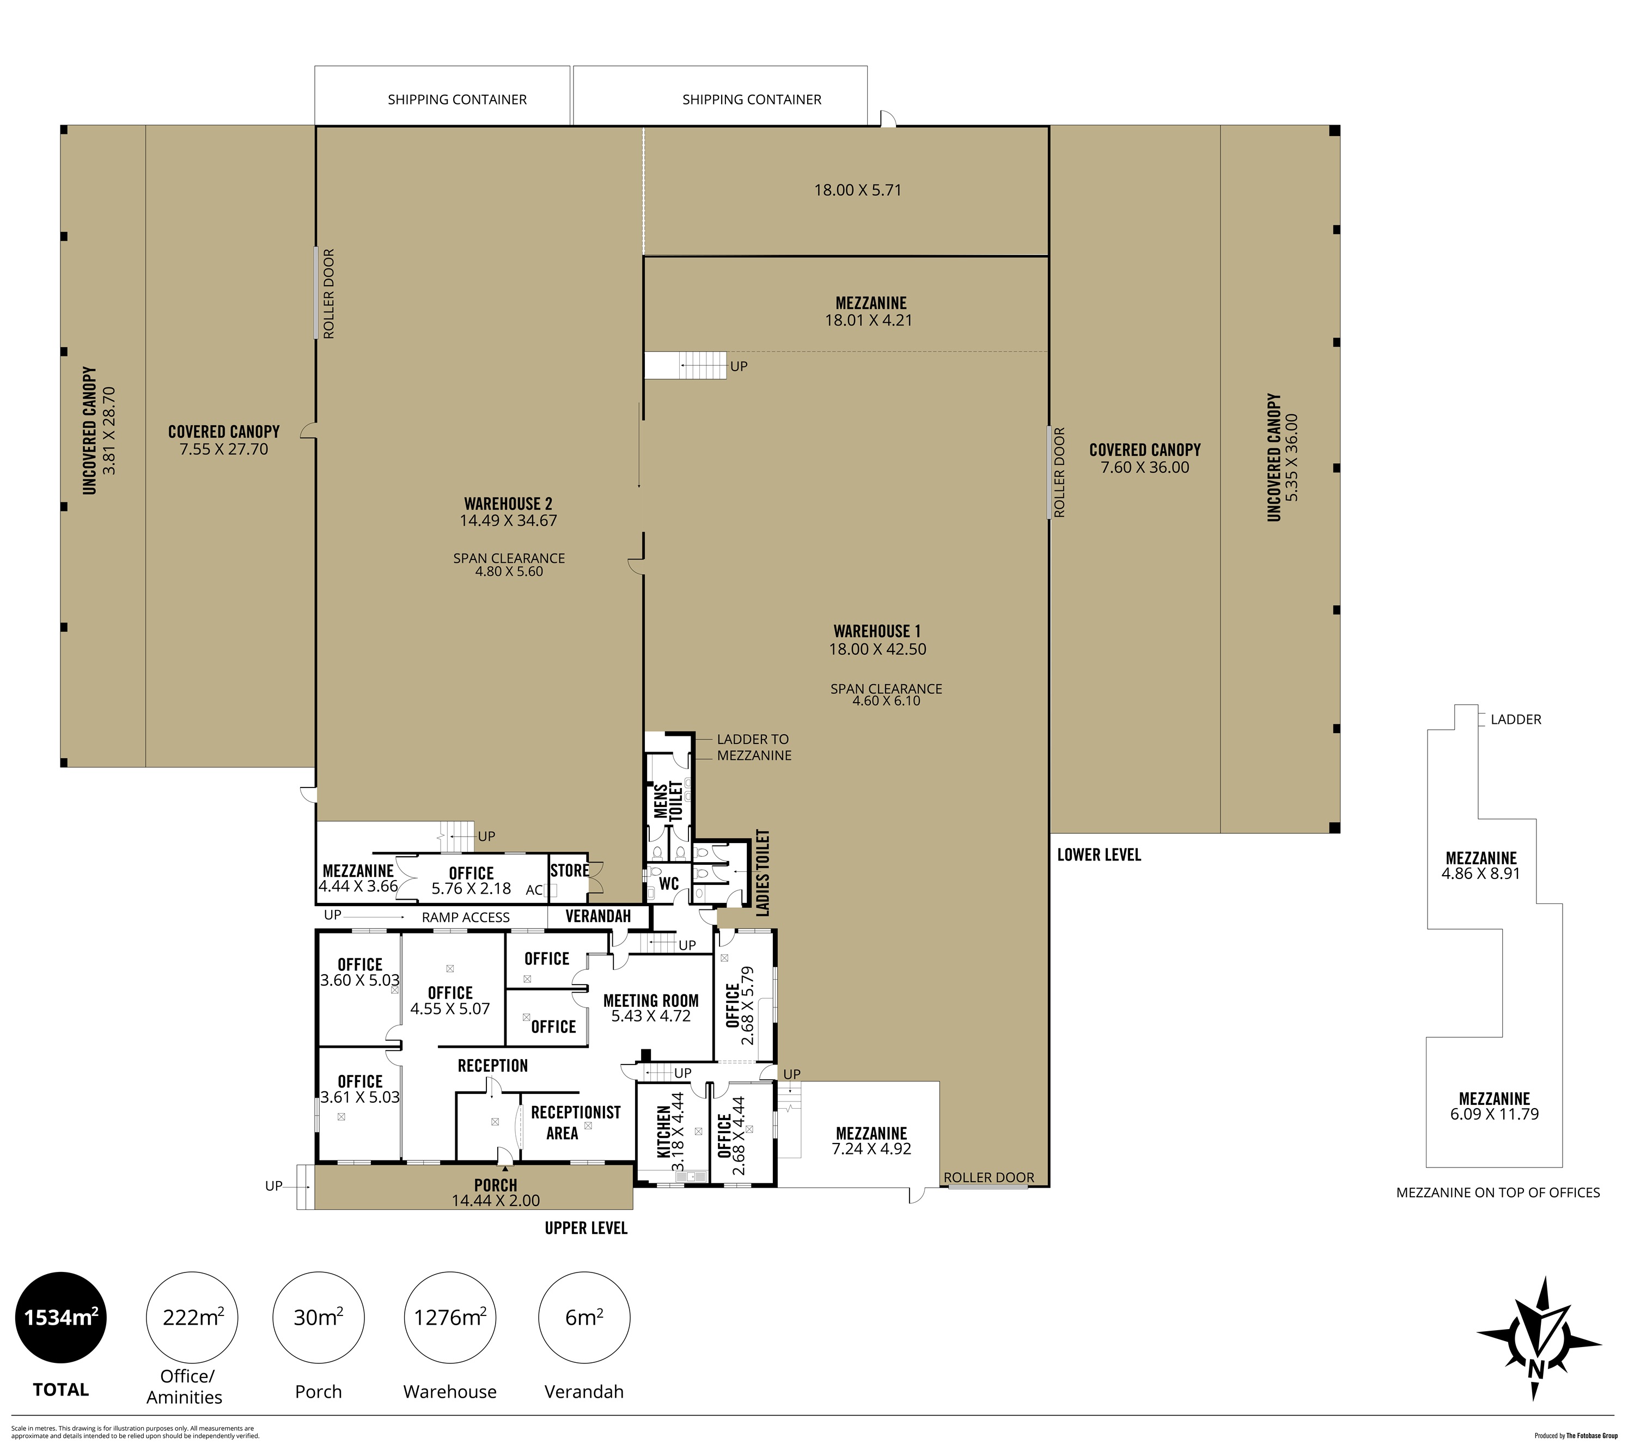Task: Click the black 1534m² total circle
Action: click(61, 1317)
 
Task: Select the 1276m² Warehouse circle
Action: click(450, 1317)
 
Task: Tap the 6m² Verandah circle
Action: click(584, 1317)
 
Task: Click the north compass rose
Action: click(1538, 1350)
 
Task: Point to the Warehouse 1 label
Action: click(877, 631)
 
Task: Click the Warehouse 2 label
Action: click(508, 503)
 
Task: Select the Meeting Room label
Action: click(651, 1000)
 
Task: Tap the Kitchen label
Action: click(663, 1132)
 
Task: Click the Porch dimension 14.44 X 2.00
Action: click(496, 1200)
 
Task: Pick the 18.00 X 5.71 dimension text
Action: click(858, 190)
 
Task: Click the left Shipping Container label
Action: click(458, 100)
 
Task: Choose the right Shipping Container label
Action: click(752, 100)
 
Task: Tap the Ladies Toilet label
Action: click(763, 872)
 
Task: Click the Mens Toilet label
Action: click(668, 801)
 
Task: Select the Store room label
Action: click(569, 870)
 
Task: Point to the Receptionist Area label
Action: click(576, 1123)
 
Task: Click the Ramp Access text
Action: click(465, 917)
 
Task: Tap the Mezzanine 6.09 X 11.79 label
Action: click(1494, 1106)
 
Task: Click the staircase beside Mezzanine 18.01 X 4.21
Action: click(686, 365)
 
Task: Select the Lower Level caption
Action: click(1099, 855)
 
